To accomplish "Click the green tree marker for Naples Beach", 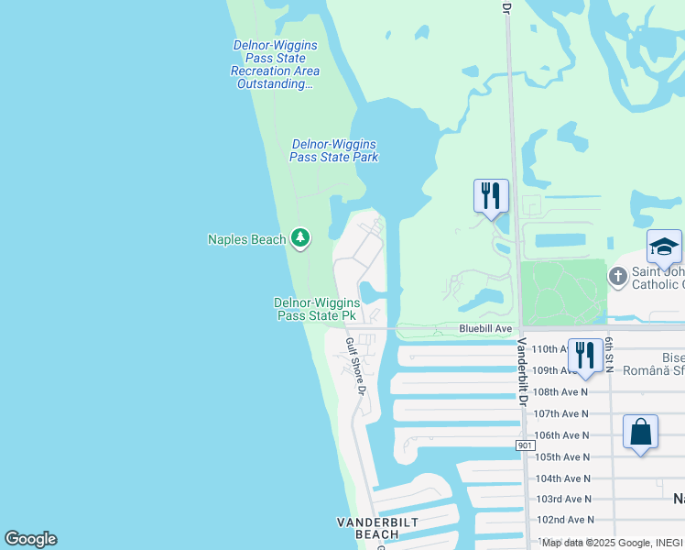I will pyautogui.click(x=300, y=238).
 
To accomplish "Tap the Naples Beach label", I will pyautogui.click(x=247, y=240).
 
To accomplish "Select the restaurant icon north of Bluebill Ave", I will pyautogui.click(x=491, y=195).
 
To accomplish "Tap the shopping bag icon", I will pyautogui.click(x=641, y=431).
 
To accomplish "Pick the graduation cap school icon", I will pyautogui.click(x=664, y=246).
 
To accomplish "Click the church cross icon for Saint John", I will pyautogui.click(x=618, y=275).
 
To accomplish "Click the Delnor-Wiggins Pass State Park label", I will pyautogui.click(x=333, y=150).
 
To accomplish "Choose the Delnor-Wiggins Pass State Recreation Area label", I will pyautogui.click(x=275, y=64).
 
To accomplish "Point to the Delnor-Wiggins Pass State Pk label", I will pyautogui.click(x=316, y=309).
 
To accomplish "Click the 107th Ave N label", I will pyautogui.click(x=561, y=414).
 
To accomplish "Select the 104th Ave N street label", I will pyautogui.click(x=563, y=478).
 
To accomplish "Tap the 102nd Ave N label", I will pyautogui.click(x=563, y=520).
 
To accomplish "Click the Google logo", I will pyautogui.click(x=30, y=539).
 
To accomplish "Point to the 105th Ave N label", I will pyautogui.click(x=563, y=457).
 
